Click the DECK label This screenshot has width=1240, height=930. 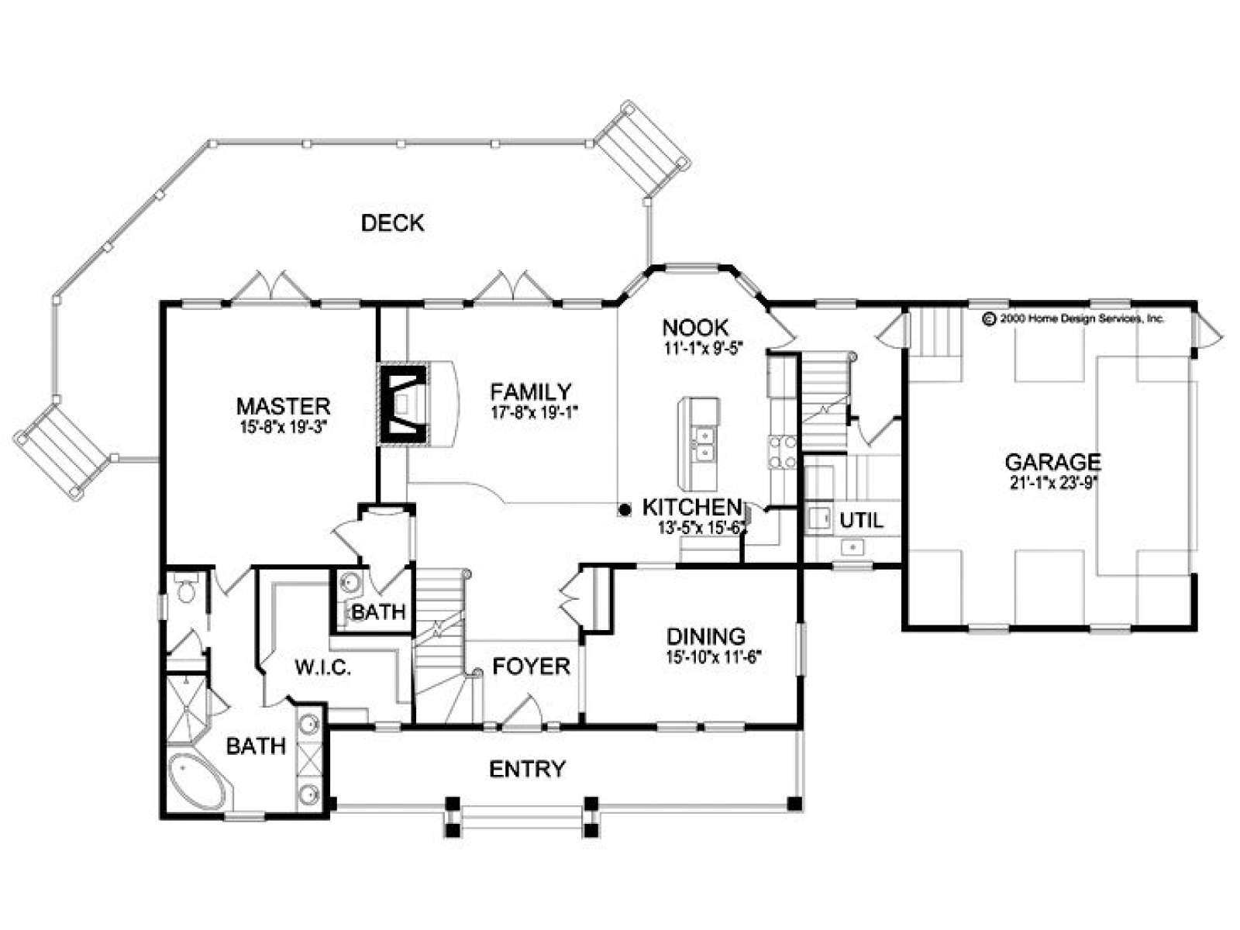point(392,223)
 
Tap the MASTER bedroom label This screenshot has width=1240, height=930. point(283,406)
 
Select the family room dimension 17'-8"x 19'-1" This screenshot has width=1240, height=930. point(536,412)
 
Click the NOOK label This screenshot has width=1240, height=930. point(695,328)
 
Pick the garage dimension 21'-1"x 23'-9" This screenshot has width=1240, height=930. point(1053,484)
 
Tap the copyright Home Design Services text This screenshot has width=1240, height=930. point(1073,319)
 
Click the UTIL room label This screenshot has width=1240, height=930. point(861,520)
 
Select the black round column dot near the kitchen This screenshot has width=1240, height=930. point(624,510)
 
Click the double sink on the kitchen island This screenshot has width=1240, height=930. point(704,443)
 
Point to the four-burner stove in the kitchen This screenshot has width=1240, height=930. point(782,453)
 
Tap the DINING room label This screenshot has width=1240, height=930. point(706,637)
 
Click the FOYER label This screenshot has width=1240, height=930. point(531,666)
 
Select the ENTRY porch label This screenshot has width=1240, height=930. point(527,769)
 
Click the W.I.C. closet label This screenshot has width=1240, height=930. point(323,668)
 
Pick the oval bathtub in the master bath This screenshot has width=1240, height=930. point(201,782)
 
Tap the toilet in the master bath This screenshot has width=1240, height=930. point(184,587)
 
